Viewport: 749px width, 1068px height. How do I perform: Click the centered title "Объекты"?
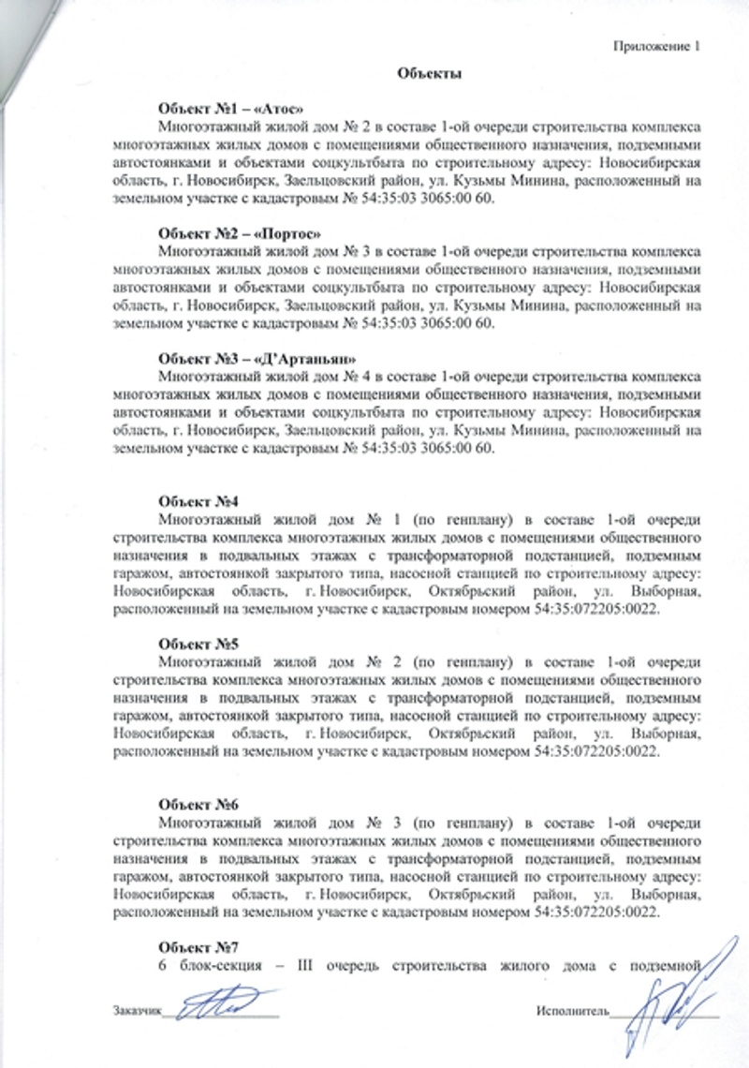point(430,73)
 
